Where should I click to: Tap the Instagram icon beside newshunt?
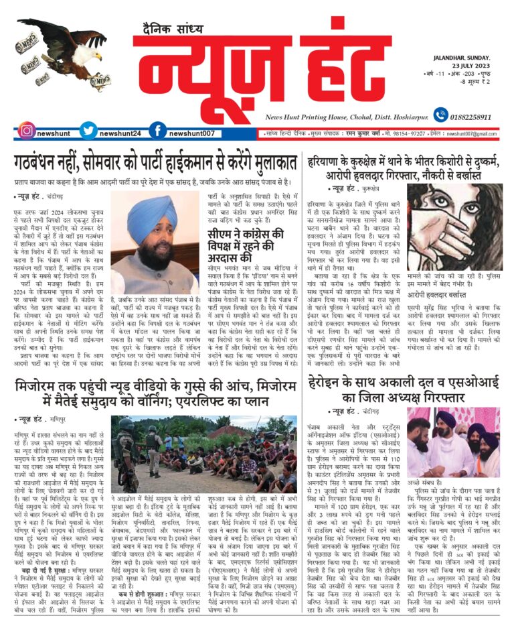[x=26, y=132]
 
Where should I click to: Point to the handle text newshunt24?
[x=120, y=133]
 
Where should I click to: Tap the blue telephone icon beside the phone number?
[x=440, y=115]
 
